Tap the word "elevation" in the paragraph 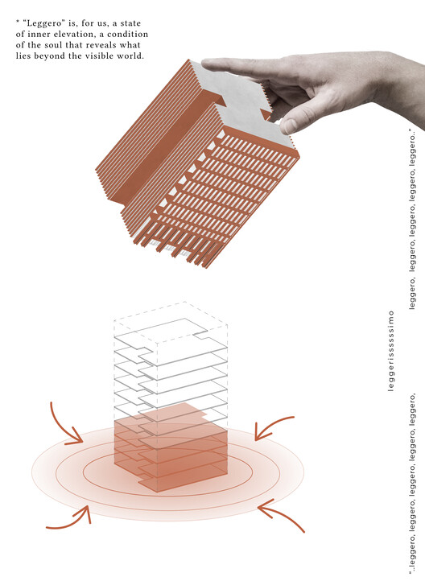(73, 34)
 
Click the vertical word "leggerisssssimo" (391, 351)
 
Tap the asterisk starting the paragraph (18, 23)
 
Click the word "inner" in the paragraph (36, 34)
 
